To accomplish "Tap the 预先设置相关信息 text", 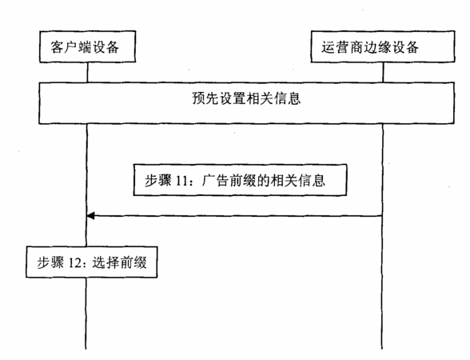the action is [x=246, y=98].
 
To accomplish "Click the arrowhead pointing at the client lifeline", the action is [x=90, y=215].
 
